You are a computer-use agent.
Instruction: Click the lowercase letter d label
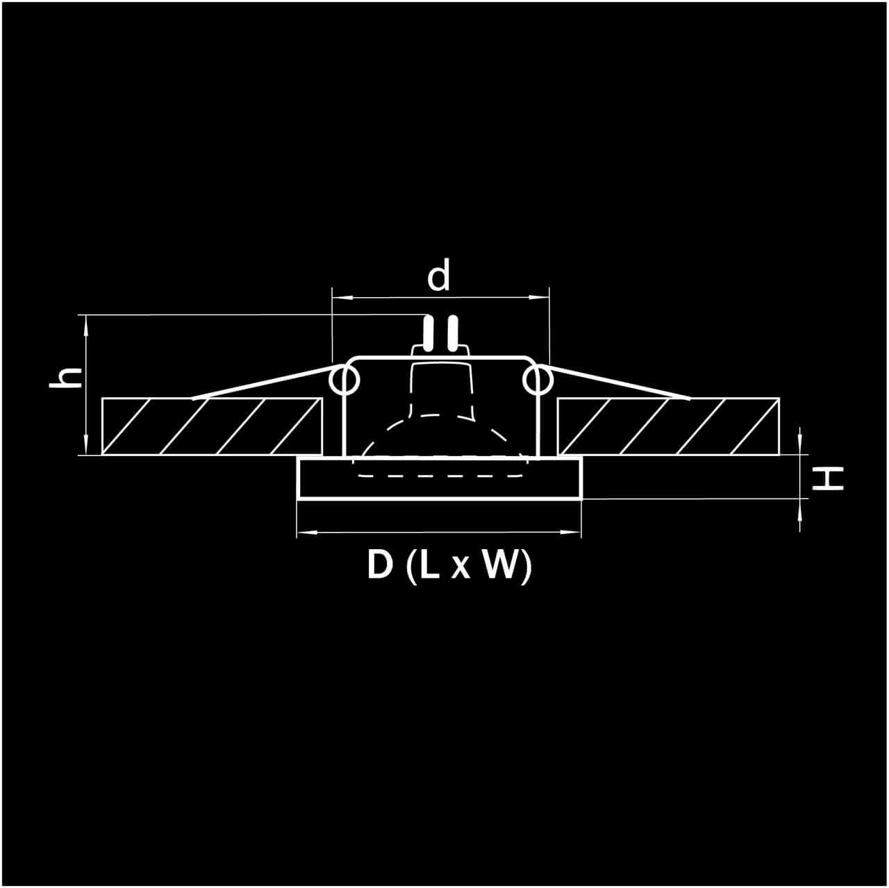438,275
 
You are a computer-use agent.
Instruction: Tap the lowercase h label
66,378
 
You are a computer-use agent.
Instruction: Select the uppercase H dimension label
828,479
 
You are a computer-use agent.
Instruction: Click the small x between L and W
460,569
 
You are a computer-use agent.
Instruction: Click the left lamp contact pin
429,333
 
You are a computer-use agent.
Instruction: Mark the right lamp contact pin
453,333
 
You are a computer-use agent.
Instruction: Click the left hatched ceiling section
212,426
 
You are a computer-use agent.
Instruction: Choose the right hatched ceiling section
668,426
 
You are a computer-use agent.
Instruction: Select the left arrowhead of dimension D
306,533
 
